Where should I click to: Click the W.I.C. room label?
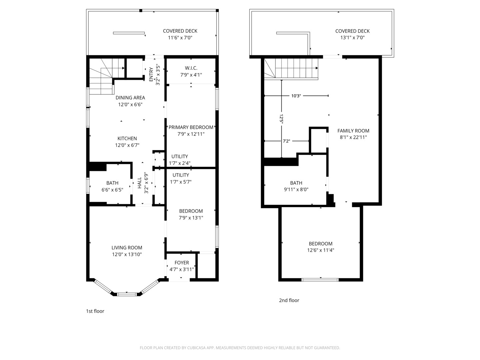(191, 68)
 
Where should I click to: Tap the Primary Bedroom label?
(191, 127)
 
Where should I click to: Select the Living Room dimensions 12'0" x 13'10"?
(127, 254)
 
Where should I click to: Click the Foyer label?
(182, 263)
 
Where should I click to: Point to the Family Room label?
(353, 131)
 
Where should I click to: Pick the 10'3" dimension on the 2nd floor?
(296, 96)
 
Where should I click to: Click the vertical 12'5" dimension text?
(281, 119)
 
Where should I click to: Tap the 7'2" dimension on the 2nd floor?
(286, 141)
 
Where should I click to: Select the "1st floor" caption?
(95, 311)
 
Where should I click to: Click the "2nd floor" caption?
(289, 300)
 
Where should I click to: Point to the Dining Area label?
(130, 97)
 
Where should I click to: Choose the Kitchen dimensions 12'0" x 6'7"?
(127, 145)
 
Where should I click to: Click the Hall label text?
(140, 183)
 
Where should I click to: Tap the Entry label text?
(151, 74)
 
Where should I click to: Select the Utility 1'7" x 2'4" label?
(180, 160)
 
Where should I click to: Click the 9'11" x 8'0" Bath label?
(296, 186)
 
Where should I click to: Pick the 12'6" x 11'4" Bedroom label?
(321, 247)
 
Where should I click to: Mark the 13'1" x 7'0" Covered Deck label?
(352, 34)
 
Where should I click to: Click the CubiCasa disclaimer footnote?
(240, 348)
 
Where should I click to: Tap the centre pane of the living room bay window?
(127, 294)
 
